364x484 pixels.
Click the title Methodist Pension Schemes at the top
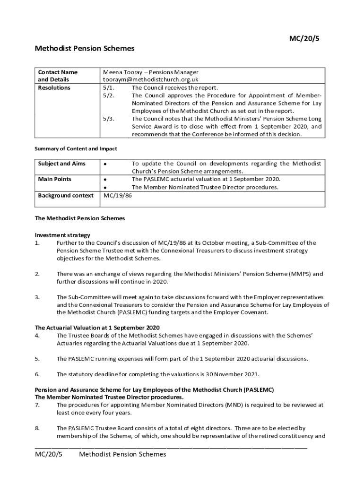85,48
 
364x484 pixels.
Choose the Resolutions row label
54,88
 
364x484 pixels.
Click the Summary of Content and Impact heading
76,148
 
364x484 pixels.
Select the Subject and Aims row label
61,164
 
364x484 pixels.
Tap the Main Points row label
55,179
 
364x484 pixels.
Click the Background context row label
65,195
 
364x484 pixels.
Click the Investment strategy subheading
62,235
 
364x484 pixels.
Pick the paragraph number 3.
37,297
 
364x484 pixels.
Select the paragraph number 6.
37,374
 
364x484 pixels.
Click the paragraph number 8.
37,428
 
